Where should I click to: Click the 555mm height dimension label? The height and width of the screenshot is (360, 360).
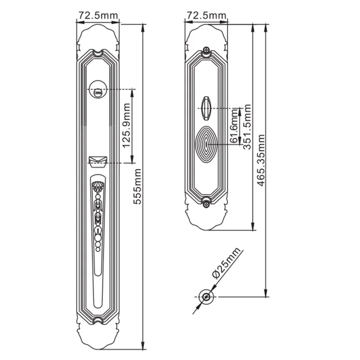point(137,187)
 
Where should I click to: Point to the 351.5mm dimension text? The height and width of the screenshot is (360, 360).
point(247,128)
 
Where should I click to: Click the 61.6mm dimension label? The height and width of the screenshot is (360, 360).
point(234,126)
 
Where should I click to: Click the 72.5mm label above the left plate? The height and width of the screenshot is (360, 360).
point(98,16)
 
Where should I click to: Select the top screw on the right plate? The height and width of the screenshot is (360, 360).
point(206,50)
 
